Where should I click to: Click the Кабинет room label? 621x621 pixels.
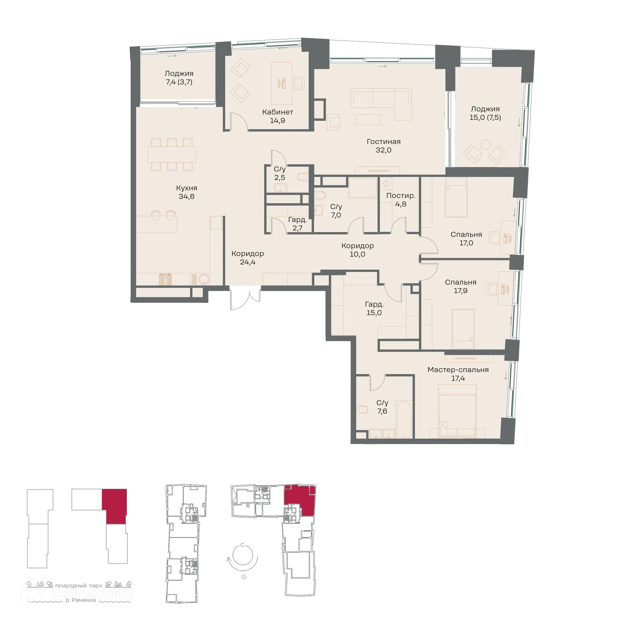278,112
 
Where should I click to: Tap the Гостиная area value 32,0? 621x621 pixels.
384,150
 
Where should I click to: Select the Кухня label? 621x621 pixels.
187,188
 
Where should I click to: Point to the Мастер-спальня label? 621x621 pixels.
458,370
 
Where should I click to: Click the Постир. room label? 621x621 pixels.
401,196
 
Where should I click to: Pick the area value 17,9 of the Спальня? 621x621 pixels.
460,291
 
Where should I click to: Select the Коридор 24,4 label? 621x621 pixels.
248,254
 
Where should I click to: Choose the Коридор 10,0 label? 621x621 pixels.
357,246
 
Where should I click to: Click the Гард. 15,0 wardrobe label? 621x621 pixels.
374,304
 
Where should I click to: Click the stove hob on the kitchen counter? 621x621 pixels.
166,279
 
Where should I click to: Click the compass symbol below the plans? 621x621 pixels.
243,556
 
